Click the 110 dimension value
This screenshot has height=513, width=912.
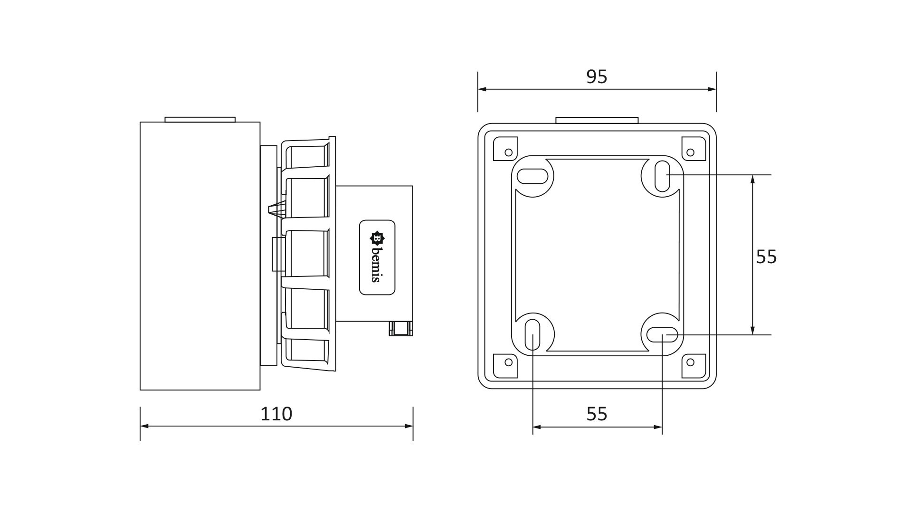pos(276,414)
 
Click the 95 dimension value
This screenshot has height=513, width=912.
pos(597,76)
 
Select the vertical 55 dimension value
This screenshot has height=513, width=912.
pos(766,256)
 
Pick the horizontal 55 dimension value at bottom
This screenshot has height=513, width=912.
pos(597,414)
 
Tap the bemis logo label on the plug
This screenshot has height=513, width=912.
pos(377,257)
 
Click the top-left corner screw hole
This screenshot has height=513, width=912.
pos(508,152)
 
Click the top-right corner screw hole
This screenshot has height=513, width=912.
pos(691,152)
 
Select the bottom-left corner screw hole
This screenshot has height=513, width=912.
pos(508,362)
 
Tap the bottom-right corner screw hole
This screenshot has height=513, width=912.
pos(691,362)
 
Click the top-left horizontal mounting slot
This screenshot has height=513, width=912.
pos(532,176)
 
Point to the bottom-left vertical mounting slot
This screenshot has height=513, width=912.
pos(532,335)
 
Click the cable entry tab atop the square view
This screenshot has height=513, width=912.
pos(597,121)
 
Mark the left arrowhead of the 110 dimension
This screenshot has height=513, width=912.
pos(144,426)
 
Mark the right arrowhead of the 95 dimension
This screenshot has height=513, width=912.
pos(712,89)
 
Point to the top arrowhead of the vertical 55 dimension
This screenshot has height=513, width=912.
pos(752,179)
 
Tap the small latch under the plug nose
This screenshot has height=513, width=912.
pos(400,328)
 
